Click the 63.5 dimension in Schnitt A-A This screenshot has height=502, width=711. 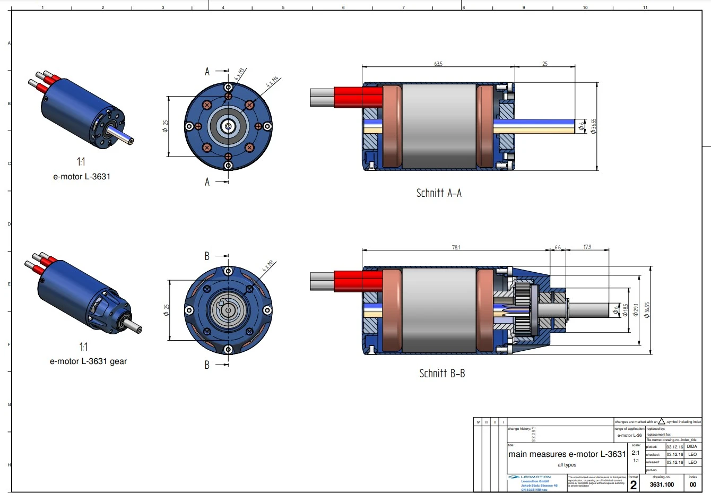438,64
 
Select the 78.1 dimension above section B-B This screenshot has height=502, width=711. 456,247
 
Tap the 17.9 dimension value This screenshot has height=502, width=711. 587,247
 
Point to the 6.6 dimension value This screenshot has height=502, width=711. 557,247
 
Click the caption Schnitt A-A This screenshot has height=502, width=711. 439,193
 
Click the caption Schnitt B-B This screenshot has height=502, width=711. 442,374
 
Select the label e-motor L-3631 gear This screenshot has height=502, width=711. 89,361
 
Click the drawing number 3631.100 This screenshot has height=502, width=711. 662,484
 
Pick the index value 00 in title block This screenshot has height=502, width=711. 693,484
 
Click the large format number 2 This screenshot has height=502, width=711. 633,485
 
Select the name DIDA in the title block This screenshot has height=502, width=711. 692,447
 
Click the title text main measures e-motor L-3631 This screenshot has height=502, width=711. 567,454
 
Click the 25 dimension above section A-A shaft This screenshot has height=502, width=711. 545,64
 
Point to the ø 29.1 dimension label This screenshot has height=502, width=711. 636,309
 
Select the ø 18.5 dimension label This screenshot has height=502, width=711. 625,310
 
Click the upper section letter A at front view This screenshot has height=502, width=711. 207,72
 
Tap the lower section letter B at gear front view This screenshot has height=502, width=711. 207,365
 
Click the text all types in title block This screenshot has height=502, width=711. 567,465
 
